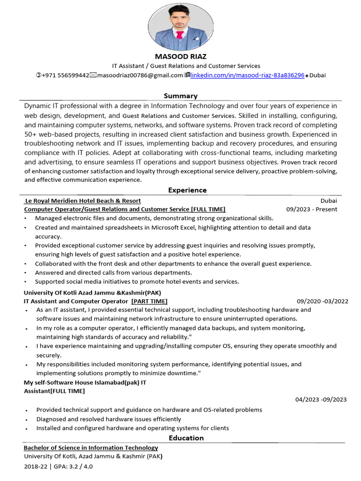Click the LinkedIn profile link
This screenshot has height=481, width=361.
coord(247,75)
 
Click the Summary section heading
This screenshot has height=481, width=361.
coord(180,96)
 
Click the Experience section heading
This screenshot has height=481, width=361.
coord(187,190)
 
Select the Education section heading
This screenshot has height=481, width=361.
coord(187,438)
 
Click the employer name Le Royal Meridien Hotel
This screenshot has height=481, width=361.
coord(83,201)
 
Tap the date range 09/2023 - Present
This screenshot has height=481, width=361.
coord(312,209)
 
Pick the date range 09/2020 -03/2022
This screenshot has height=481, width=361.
coord(322,301)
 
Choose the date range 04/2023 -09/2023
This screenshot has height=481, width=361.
coord(321,399)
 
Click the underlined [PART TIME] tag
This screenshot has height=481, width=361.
coord(149,301)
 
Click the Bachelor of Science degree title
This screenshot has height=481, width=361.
coord(91,448)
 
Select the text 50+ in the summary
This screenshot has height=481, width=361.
coord(32,134)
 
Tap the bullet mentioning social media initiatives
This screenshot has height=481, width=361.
coord(137,281)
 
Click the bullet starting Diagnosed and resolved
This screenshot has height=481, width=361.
coord(109,419)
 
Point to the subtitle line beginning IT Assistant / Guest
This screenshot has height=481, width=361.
coord(186,66)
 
